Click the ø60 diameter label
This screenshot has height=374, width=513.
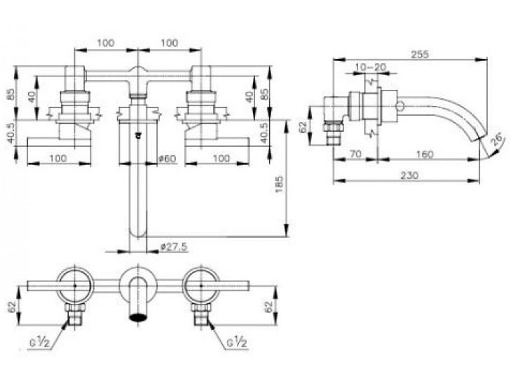[167, 159]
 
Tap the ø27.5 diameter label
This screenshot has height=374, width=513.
[172, 246]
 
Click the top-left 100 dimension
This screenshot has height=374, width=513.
[105, 44]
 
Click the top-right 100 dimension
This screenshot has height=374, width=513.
[170, 44]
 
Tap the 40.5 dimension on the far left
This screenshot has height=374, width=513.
[10, 133]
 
